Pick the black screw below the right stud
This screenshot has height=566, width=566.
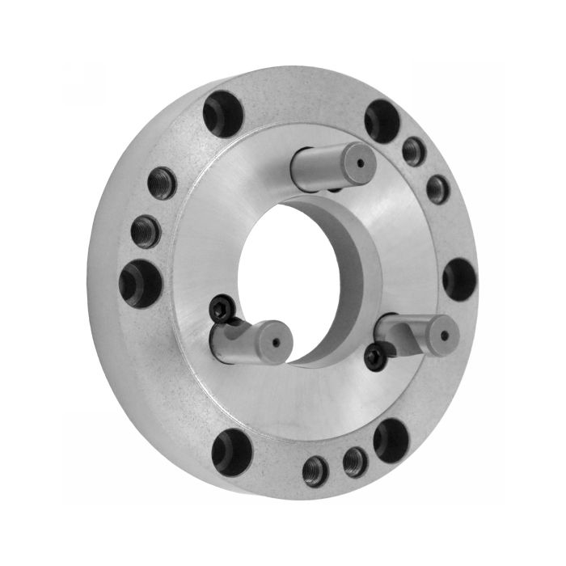coord(374,357)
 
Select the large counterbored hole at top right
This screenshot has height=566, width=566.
coord(382,120)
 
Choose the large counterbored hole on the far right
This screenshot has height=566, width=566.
coord(459,278)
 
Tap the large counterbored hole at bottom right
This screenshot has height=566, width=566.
coord(392,439)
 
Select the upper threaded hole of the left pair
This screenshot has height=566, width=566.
coord(162,183)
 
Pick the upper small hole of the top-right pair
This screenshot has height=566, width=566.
coord(414,150)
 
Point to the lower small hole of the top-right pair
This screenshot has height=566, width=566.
coord(437,188)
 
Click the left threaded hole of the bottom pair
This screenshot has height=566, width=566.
coord(315,471)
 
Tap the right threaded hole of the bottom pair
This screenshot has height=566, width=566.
coord(355,462)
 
